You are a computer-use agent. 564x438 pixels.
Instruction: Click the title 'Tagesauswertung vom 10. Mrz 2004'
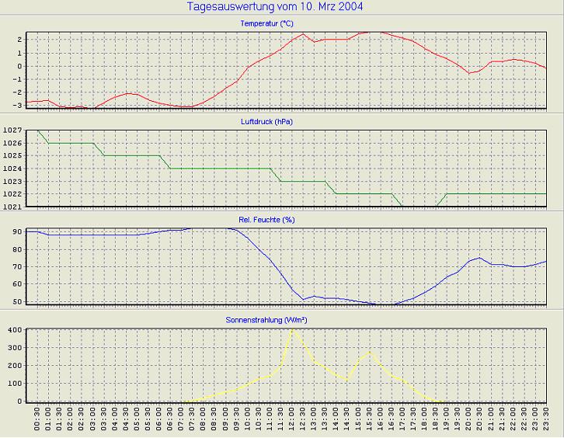tap(275, 7)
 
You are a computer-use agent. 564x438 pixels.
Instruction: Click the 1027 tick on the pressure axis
tap(13, 131)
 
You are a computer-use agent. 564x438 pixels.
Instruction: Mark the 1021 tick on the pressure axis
tap(13, 207)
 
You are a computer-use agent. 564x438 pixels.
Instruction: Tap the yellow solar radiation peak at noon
tap(292, 330)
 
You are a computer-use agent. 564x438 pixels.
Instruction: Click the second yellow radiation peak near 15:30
tap(370, 353)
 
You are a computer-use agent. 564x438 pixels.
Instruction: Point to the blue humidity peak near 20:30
tap(479, 258)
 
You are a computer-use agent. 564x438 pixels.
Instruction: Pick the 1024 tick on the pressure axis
tap(13, 169)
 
